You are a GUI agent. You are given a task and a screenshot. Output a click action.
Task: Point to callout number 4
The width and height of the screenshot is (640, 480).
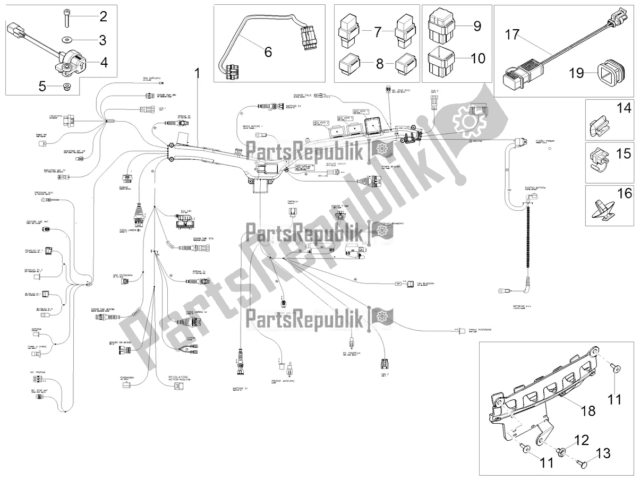104,62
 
